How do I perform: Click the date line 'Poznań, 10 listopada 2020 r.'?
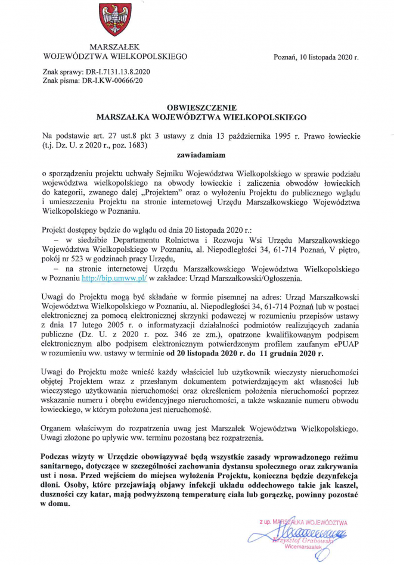pos(316,58)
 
